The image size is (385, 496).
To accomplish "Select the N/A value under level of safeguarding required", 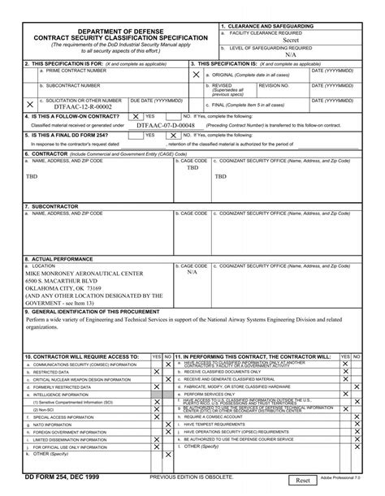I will click(x=291, y=55).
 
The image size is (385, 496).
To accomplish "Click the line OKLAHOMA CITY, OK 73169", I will click(x=63, y=287).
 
